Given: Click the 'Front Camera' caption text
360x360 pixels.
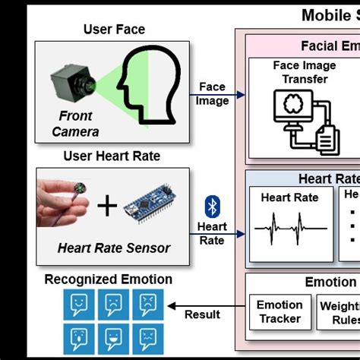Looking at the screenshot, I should click(x=75, y=124).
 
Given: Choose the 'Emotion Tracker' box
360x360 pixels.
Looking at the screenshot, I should click(x=279, y=311).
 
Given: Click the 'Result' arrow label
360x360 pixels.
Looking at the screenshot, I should click(x=202, y=314).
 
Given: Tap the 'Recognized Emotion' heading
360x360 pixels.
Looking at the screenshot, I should click(x=108, y=279).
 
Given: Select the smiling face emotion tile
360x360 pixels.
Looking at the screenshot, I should click(x=111, y=336).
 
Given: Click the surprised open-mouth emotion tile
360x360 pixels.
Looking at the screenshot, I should click(x=77, y=336).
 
